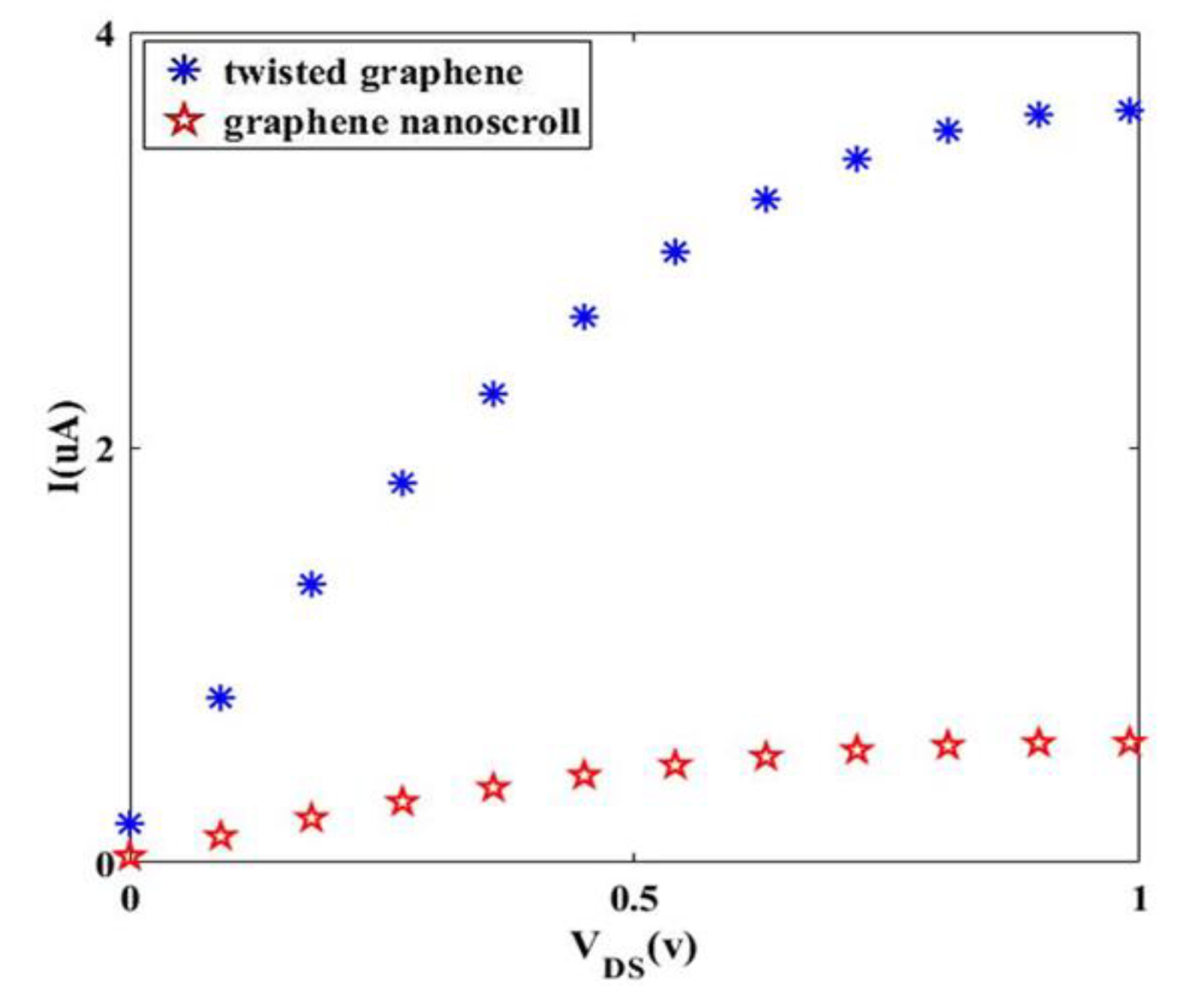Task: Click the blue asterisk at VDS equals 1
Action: tap(1129, 111)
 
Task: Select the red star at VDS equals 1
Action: tap(1129, 743)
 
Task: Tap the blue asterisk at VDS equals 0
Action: tap(130, 823)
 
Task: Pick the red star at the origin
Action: tap(130, 857)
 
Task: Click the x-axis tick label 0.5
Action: tap(634, 898)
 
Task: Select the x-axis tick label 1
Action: tap(1139, 898)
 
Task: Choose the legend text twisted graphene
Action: tap(374, 73)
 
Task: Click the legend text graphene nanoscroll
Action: tap(402, 122)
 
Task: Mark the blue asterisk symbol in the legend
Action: tap(184, 71)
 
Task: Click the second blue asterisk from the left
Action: tap(220, 698)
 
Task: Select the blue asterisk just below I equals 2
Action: tap(403, 482)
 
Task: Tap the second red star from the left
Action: tap(220, 835)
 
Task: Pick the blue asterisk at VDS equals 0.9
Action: tap(1039, 115)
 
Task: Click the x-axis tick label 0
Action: tap(130, 898)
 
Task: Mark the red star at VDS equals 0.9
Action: tap(1039, 744)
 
